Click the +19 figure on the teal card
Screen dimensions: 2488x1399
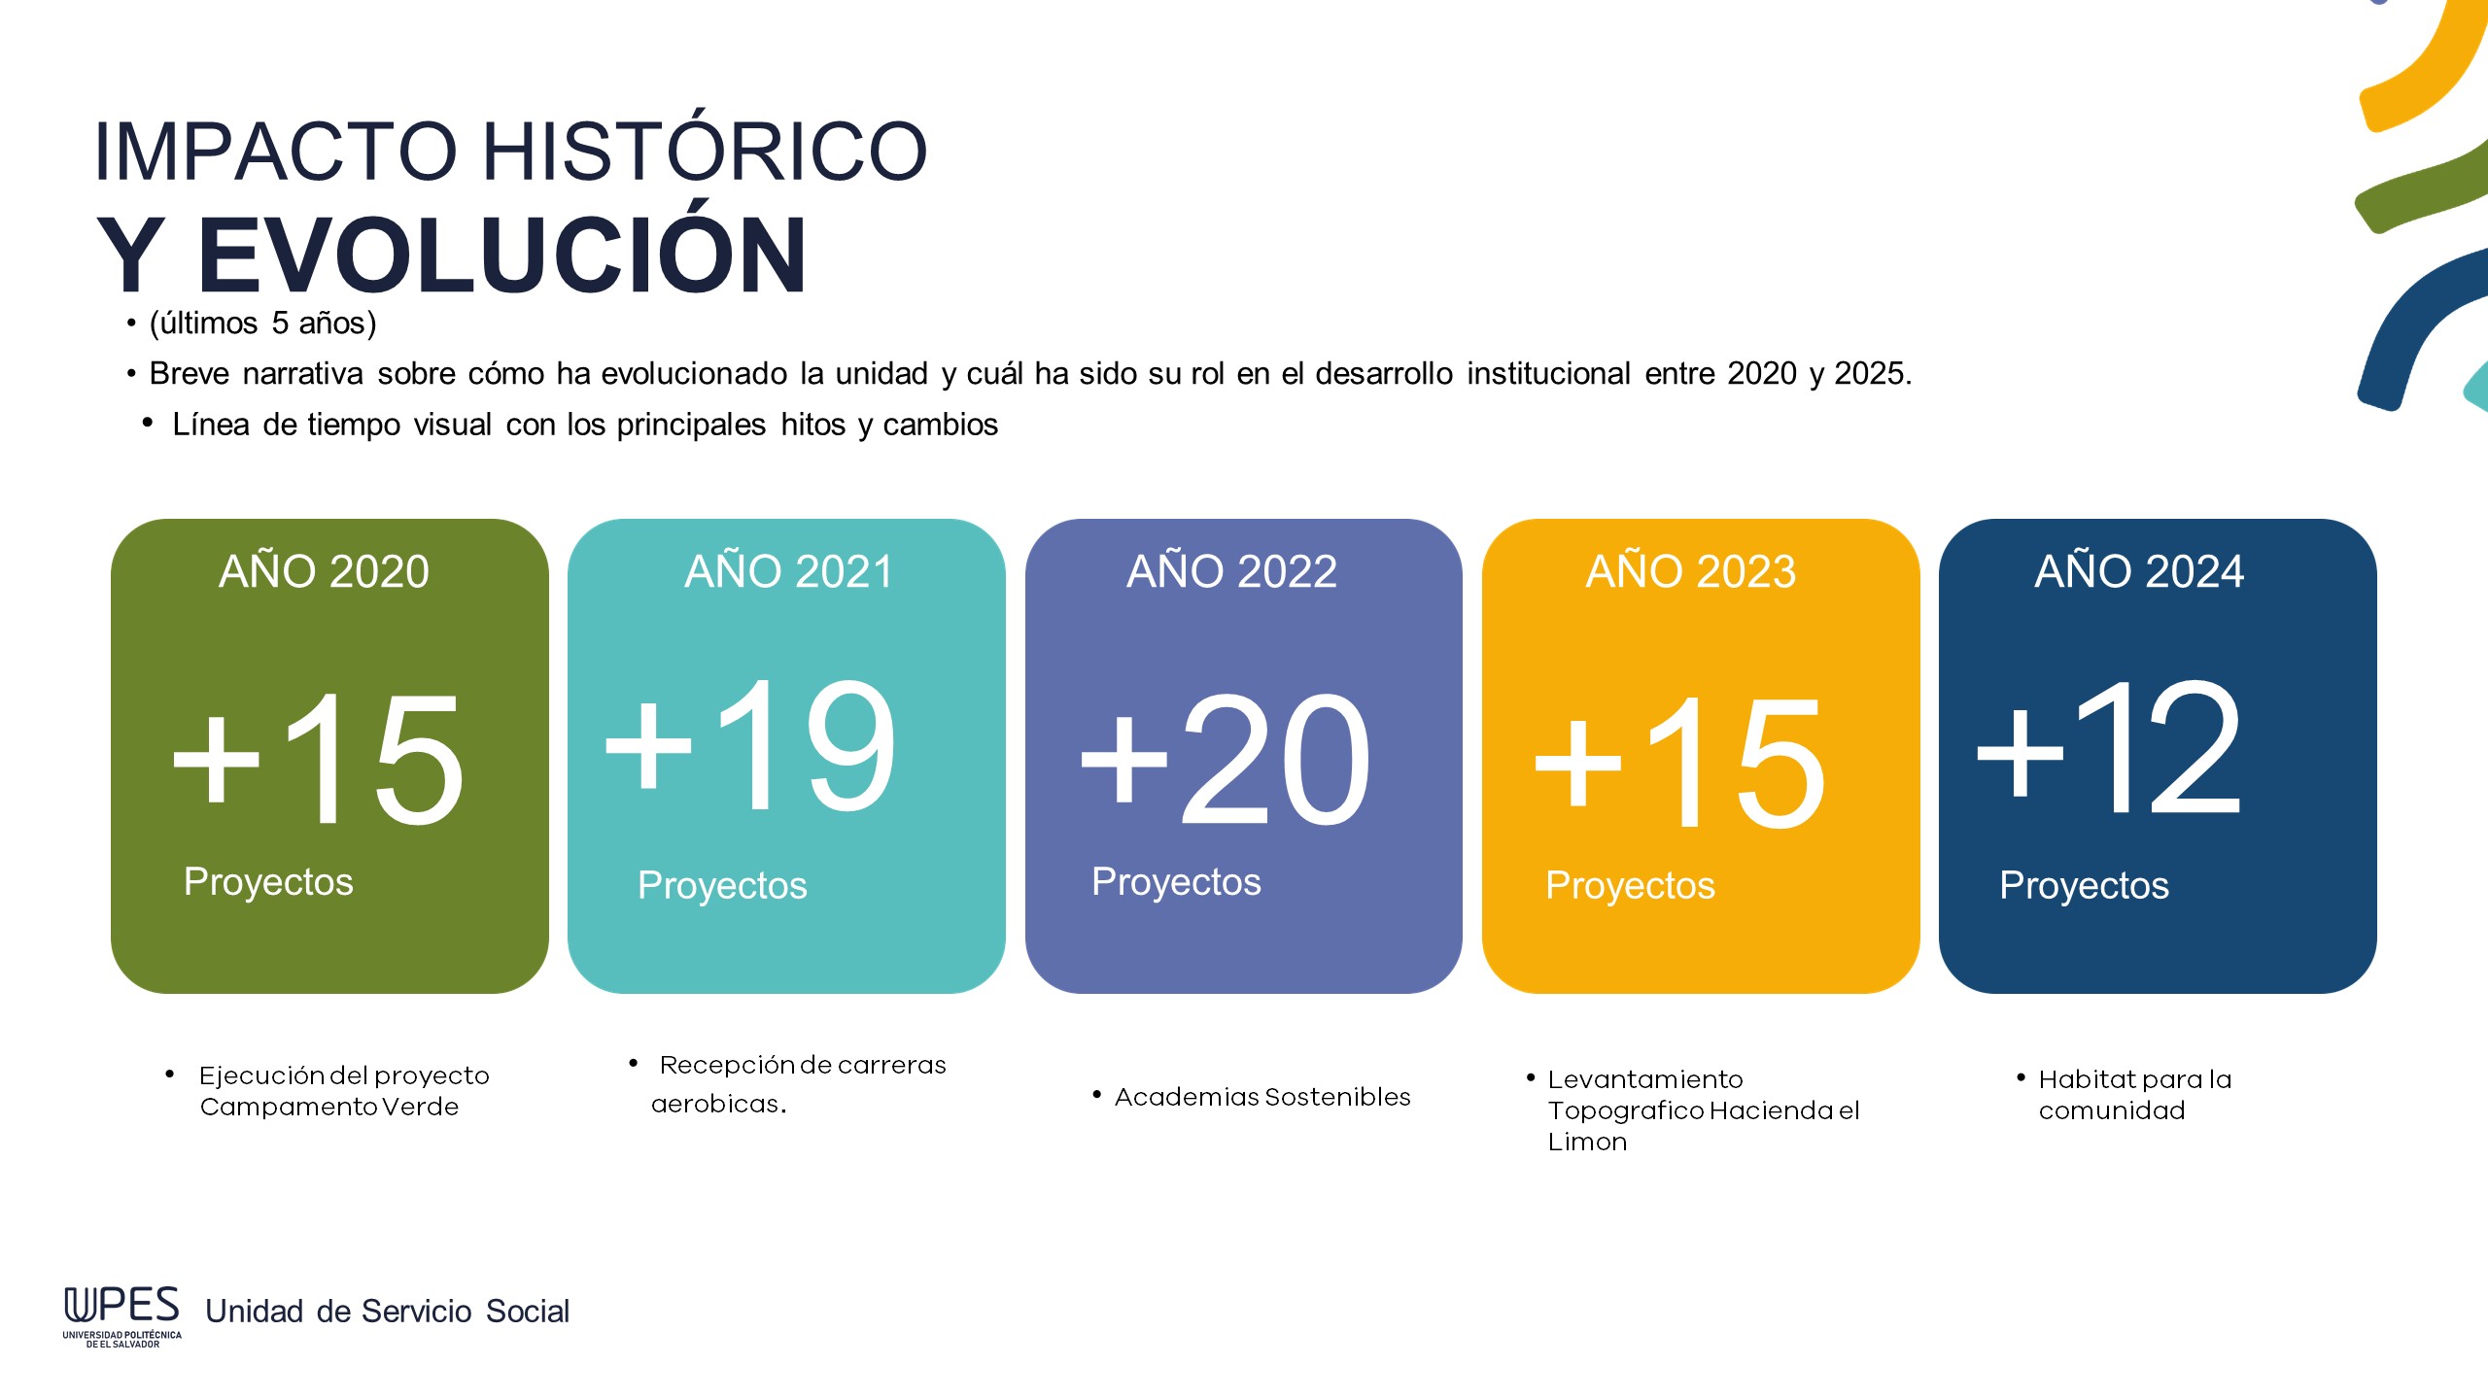click(x=750, y=746)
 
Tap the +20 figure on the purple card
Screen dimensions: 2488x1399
click(x=1226, y=760)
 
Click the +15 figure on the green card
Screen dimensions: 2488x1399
click(x=318, y=760)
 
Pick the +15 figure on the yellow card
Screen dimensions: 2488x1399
click(x=1679, y=764)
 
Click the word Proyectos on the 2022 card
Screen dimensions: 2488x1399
click(x=1176, y=882)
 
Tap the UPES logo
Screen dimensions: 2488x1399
click(x=122, y=1316)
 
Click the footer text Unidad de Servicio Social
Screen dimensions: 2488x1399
click(x=387, y=1312)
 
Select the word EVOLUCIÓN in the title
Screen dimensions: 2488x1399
click(x=501, y=255)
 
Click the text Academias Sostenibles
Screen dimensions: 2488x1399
click(x=1262, y=1097)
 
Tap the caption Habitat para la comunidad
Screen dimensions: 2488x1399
click(x=2135, y=1095)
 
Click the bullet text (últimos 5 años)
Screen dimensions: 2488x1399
click(x=262, y=323)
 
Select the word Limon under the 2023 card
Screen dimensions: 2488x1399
click(x=1587, y=1143)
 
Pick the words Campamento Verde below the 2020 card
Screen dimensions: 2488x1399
click(x=328, y=1108)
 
